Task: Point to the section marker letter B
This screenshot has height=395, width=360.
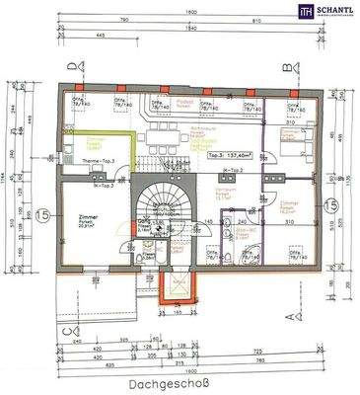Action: (287, 66)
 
